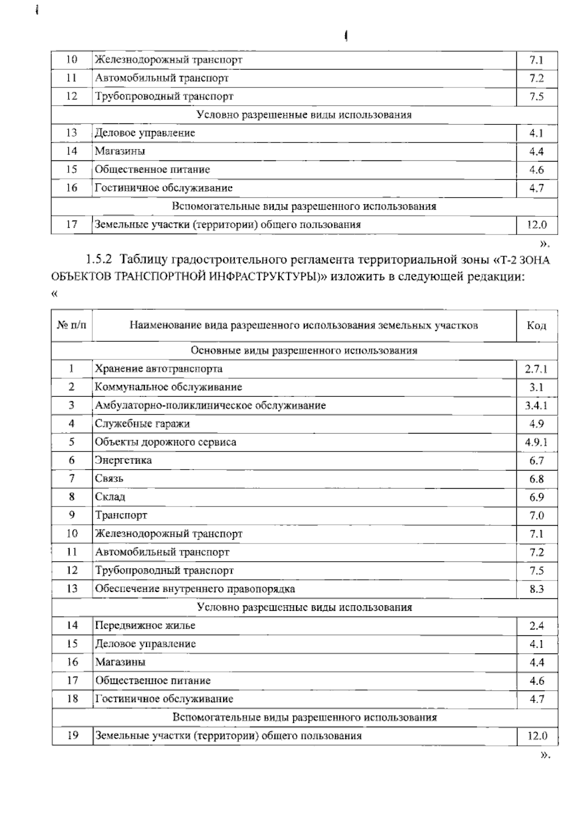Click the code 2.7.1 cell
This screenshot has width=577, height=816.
536,369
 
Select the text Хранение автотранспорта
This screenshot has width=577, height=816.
159,369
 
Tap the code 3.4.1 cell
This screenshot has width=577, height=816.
536,406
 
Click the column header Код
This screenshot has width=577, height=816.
537,326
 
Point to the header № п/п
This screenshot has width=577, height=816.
72,325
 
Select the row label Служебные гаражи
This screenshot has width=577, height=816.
142,423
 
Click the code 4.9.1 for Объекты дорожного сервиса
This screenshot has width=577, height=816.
536,442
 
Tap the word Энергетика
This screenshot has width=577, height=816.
124,460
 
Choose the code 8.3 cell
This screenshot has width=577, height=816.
537,589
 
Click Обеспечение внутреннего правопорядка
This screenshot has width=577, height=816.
195,589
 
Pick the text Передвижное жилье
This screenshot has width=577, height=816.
145,625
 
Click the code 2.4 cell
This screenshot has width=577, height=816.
537,626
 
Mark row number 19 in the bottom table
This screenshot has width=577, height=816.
72,735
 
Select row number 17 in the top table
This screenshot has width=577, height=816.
72,224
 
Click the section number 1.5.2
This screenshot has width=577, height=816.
99,260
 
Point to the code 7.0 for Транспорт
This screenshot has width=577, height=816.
537,516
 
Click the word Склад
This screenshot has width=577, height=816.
110,497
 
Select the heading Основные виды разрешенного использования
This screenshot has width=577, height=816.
304,350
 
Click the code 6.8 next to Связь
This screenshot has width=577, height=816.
537,479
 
